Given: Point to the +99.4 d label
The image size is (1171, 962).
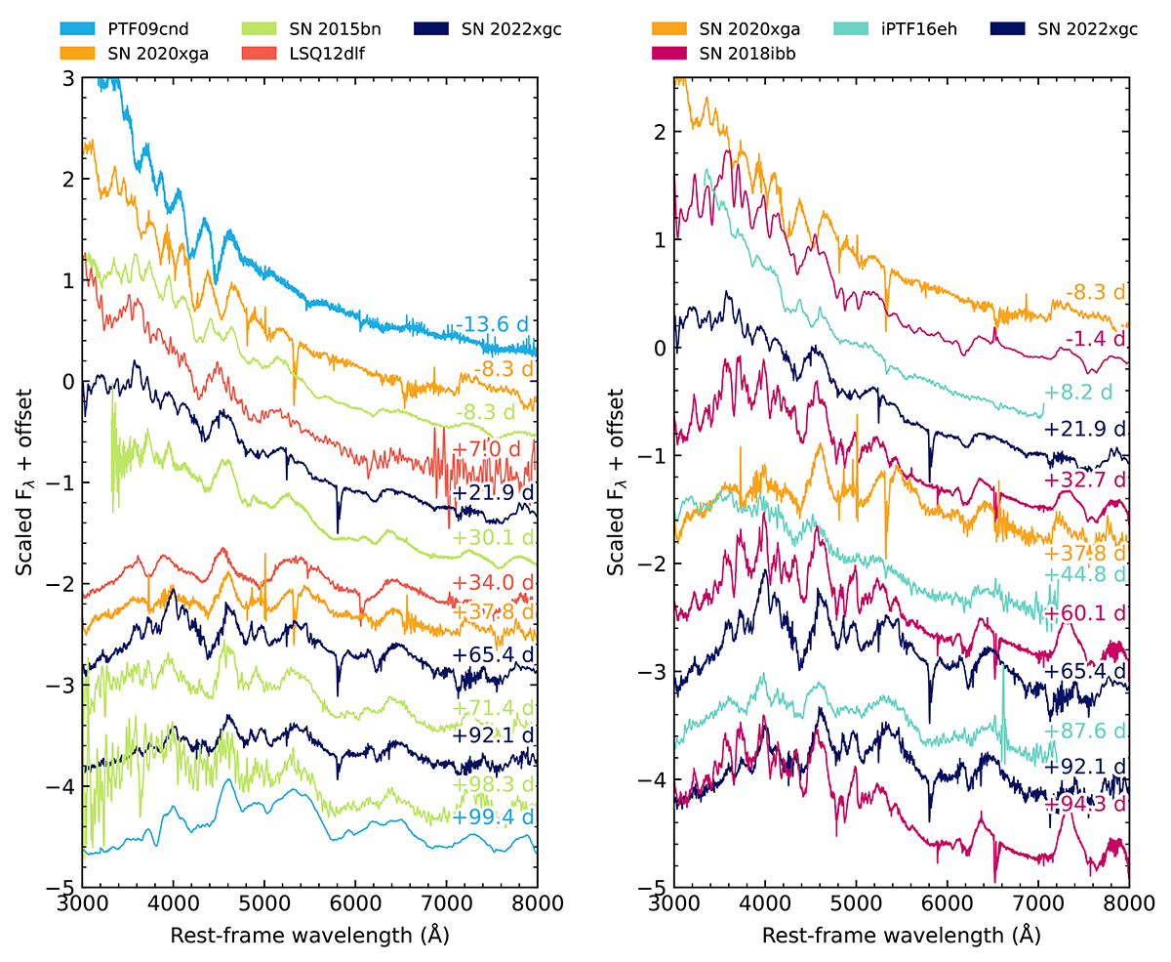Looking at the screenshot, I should coord(494,817).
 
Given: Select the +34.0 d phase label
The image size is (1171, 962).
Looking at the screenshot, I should coord(494,584).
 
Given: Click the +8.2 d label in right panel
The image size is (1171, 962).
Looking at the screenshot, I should coord(1084,392).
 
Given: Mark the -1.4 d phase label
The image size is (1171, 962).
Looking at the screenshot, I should coord(1093,338).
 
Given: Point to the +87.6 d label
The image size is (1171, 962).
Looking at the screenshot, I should coord(1084,732).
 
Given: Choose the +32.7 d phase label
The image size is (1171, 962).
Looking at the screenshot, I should coord(1084,480).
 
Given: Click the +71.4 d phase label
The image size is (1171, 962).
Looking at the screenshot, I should coord(494,707).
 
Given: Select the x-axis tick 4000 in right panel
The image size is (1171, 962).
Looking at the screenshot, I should coord(764,904).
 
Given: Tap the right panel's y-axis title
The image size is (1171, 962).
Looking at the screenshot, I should coord(616,482).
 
